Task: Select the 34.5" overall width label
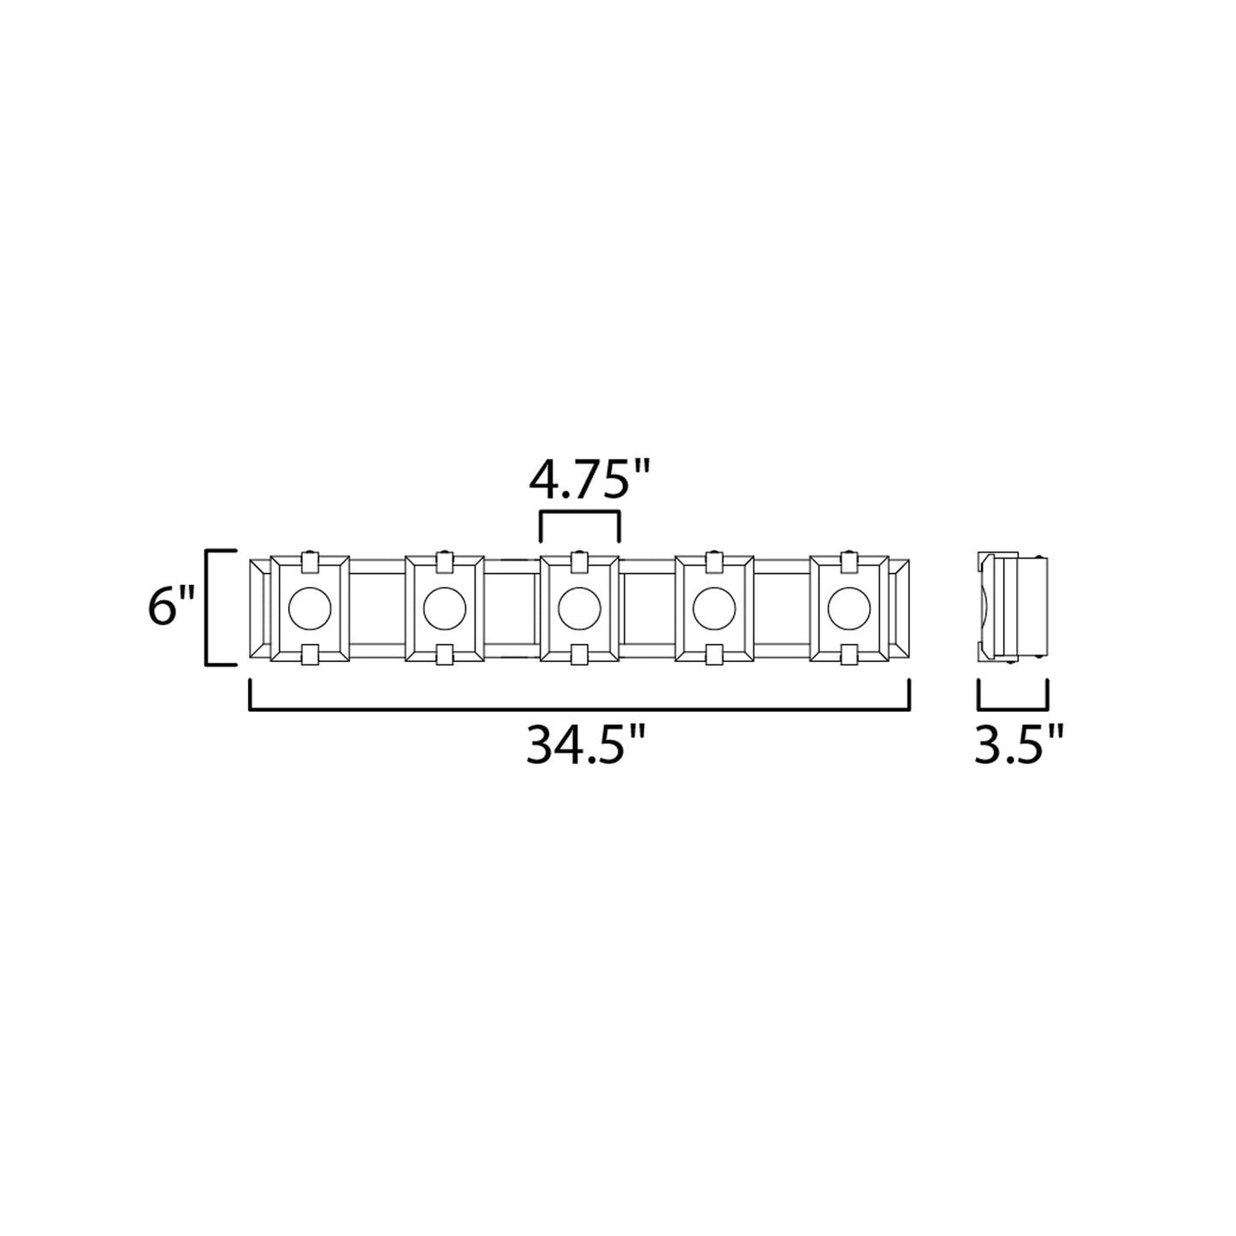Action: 584,747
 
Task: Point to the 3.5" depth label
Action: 1019,747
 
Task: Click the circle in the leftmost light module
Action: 310,609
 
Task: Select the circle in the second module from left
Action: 445,609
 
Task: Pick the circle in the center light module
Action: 579,609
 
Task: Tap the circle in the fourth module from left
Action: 713,609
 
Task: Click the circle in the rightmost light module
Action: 849,609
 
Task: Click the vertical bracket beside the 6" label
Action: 209,608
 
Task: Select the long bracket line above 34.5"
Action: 579,708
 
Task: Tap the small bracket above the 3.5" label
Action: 1013,707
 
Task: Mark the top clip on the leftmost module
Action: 310,563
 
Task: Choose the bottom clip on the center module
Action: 579,655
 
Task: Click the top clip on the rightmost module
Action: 849,563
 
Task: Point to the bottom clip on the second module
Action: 445,655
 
